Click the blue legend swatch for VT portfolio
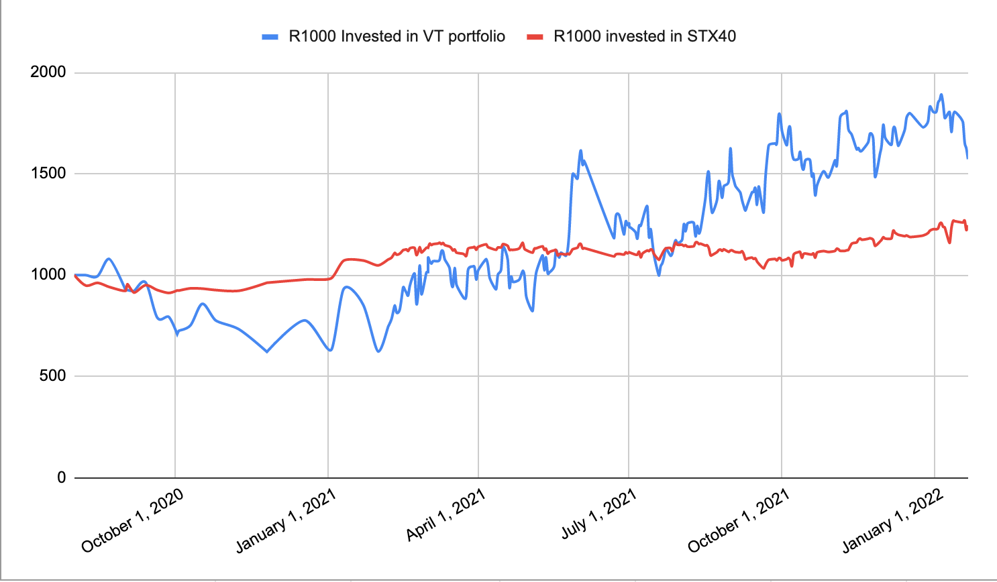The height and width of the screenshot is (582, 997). [270, 37]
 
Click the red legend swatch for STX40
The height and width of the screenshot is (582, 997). [534, 37]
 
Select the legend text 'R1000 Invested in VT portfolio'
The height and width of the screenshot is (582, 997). [397, 36]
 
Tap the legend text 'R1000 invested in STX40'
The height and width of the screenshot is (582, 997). [644, 36]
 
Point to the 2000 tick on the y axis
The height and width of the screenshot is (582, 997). [48, 72]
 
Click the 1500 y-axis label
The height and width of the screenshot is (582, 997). [48, 174]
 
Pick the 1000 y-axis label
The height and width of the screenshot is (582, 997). [48, 275]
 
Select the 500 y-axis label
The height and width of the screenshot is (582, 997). [52, 376]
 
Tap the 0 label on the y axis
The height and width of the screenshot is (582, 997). [62, 477]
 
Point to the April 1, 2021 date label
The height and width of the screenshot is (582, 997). [445, 515]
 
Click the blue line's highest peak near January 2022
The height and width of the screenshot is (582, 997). [941, 95]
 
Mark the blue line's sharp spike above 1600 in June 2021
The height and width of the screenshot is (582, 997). [580, 150]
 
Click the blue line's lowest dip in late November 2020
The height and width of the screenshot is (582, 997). [267, 351]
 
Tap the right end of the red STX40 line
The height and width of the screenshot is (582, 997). [967, 229]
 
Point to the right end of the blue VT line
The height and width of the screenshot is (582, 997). [967, 158]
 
